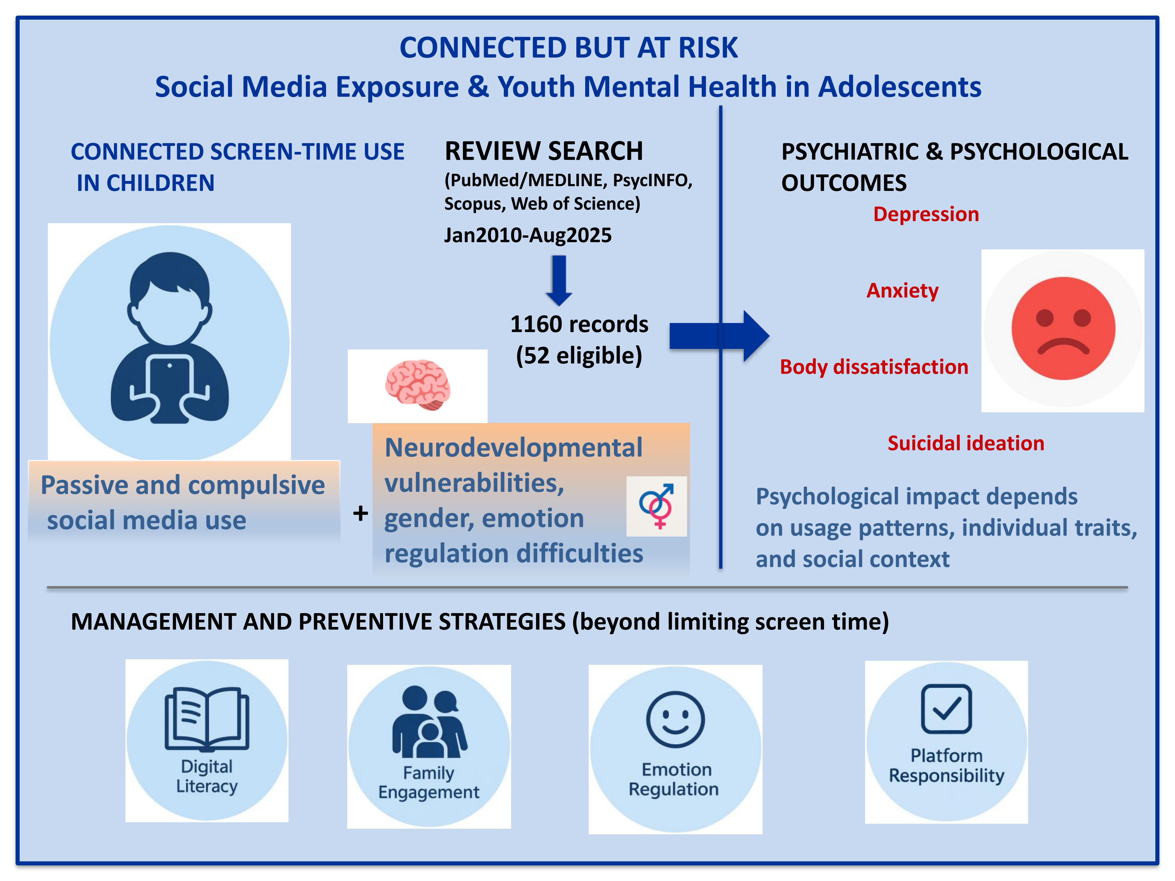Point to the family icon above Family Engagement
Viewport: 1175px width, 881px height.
coord(429,722)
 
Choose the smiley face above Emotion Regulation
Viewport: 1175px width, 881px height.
coord(675,719)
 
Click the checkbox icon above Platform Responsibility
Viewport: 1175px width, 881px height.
coord(946,709)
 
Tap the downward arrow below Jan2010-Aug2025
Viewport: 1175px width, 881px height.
coord(559,280)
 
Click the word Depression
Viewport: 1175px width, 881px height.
coord(926,214)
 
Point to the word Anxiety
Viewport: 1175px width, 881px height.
coord(902,290)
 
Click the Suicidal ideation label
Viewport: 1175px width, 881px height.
coord(966,443)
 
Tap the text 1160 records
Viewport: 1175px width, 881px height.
coord(579,324)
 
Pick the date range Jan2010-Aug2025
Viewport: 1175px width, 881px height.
coord(528,235)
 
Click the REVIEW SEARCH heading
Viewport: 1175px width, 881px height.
coord(543,151)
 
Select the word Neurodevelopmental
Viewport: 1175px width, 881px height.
coord(513,447)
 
